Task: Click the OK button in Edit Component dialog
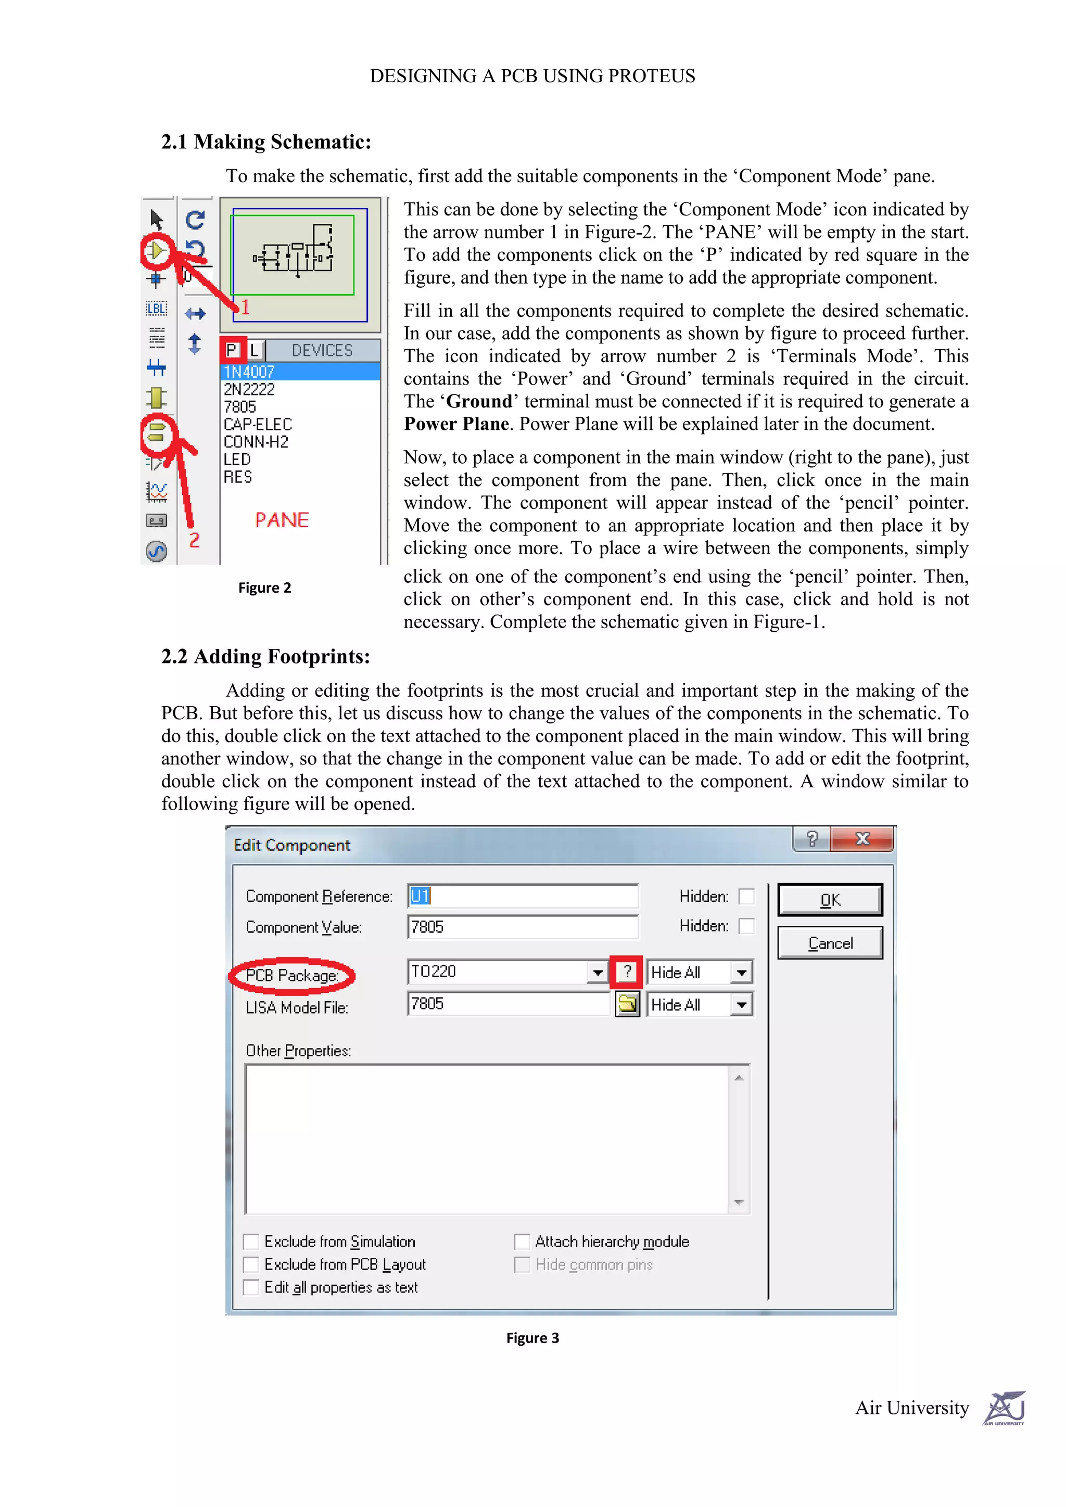coord(830,900)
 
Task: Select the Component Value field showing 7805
coord(522,927)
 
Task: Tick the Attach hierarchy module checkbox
coord(522,1241)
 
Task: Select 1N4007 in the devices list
coord(249,372)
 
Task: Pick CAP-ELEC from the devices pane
coord(257,424)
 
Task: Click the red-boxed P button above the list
coord(232,350)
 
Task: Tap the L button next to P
coord(255,350)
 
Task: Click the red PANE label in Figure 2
coord(282,520)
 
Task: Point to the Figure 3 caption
coord(532,1338)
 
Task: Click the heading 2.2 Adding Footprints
coord(266,656)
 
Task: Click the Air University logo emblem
coord(1004,1408)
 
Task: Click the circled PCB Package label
coord(291,975)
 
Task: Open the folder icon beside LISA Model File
coord(628,1004)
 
